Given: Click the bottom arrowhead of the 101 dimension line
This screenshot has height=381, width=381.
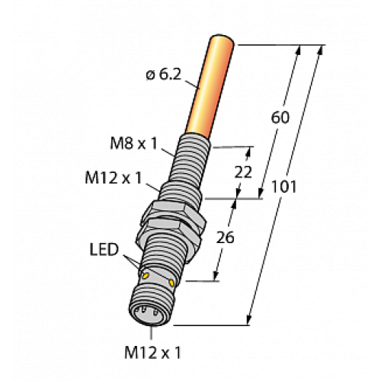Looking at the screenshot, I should tap(251, 319).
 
